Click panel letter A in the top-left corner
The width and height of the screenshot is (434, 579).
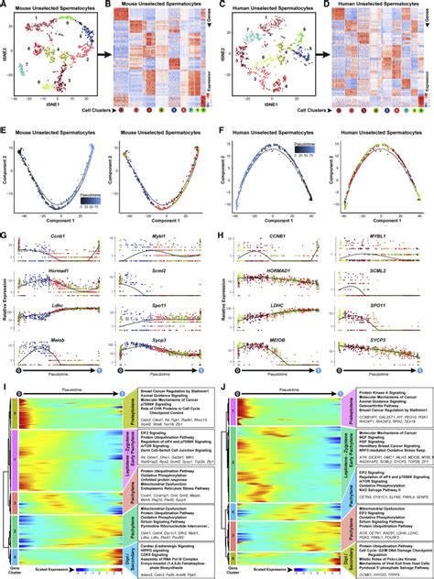pyautogui.click(x=5, y=5)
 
